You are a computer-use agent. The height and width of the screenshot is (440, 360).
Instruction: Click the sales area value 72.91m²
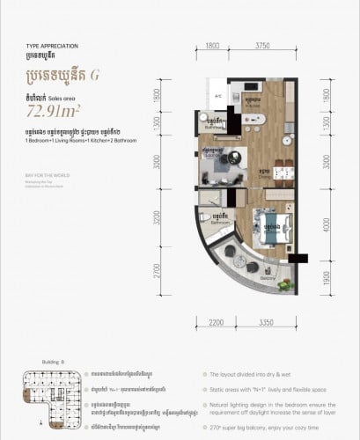55,111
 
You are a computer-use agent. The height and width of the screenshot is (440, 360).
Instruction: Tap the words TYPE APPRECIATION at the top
52,44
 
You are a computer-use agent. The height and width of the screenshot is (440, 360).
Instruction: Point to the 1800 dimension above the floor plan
212,46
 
